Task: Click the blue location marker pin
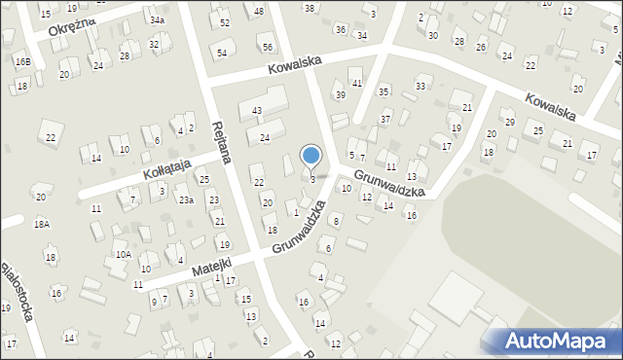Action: (x=311, y=156)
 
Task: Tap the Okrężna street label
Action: (x=69, y=25)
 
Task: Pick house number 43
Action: (x=257, y=112)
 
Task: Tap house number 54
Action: (x=222, y=53)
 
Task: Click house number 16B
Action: (x=21, y=62)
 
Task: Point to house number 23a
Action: (x=185, y=200)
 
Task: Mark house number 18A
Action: (x=41, y=224)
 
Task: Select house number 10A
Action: (x=124, y=254)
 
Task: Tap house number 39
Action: (x=340, y=94)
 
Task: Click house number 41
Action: (x=357, y=84)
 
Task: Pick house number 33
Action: (x=420, y=87)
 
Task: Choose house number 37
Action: (x=385, y=119)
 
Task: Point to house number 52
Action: (x=225, y=22)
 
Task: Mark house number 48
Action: (x=258, y=12)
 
